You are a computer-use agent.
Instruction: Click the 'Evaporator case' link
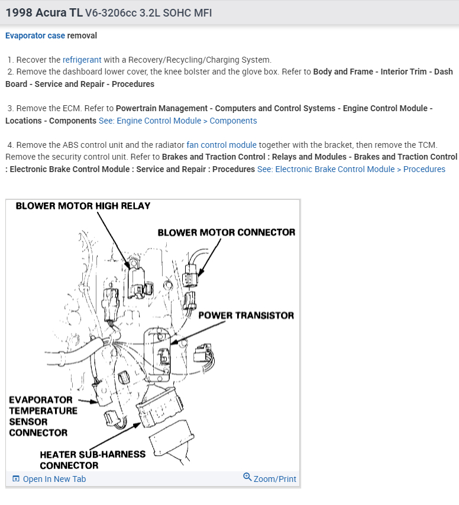coord(35,35)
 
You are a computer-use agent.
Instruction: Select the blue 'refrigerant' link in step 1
coord(82,60)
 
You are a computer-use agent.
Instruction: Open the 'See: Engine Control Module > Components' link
coord(177,121)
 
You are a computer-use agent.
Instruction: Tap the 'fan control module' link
coord(221,145)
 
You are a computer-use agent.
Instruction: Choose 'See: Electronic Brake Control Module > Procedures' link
coord(351,169)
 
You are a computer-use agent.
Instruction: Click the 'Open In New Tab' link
coord(54,479)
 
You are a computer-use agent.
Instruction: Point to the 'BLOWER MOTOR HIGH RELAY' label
coord(83,206)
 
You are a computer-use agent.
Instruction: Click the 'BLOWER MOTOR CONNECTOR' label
coord(226,232)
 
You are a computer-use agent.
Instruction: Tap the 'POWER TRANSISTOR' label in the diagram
coord(245,315)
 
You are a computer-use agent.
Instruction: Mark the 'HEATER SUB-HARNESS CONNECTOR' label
coord(92,460)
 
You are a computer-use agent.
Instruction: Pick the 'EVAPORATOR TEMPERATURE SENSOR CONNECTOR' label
coord(43,416)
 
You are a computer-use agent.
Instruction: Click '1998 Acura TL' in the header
coord(44,12)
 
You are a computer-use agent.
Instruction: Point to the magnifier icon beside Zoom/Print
coord(247,477)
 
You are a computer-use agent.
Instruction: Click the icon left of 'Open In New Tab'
coord(16,479)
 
